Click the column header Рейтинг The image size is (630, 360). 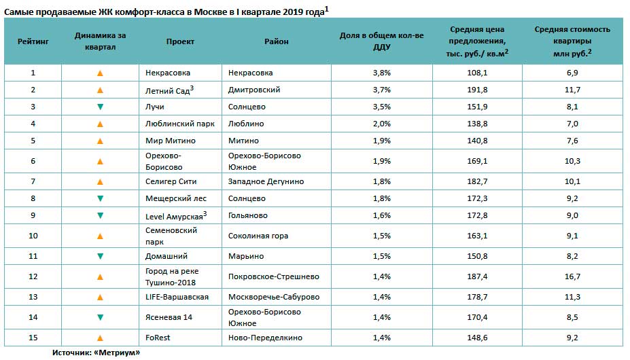33,41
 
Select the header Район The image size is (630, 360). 277,41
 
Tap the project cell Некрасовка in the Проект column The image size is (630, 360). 168,73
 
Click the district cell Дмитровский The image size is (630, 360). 254,90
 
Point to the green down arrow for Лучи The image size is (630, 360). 100,107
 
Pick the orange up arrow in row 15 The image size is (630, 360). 100,338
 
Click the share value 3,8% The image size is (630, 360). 382,73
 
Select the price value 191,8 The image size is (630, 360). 477,90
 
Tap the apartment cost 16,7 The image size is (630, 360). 572,276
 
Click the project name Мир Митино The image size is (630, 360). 171,141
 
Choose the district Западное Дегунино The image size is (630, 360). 266,181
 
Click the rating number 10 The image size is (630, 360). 33,236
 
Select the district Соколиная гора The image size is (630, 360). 258,236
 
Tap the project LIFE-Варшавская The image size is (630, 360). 177,297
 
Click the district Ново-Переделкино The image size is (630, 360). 265,338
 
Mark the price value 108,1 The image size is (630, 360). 477,73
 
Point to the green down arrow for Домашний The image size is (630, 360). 100,256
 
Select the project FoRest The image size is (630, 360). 158,338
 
